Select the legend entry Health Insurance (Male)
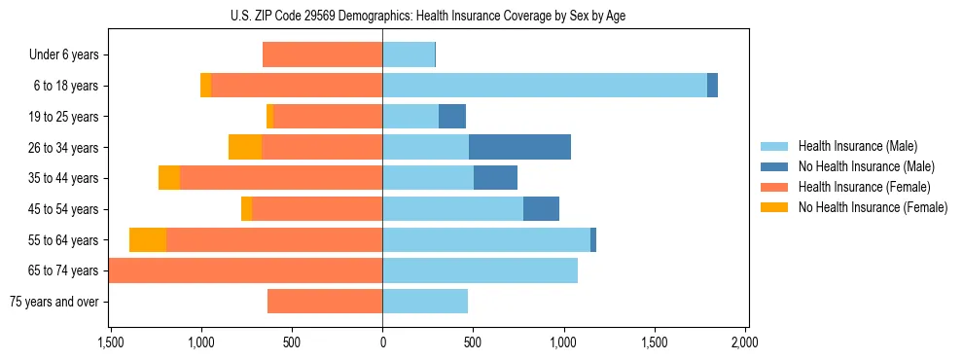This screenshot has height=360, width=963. [857, 146]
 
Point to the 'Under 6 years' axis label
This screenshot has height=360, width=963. [64, 55]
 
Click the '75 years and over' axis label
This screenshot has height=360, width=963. [54, 302]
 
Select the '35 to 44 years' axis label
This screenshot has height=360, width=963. [63, 178]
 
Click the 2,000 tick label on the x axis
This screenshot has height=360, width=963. [745, 342]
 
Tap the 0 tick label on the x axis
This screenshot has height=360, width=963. [382, 342]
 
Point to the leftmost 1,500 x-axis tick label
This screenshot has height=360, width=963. [111, 342]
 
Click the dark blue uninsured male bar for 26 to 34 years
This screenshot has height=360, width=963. [519, 147]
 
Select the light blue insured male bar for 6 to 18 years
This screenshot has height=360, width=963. [545, 86]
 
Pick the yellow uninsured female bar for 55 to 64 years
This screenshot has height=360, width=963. [148, 239]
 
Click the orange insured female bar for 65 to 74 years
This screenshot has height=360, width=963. [245, 270]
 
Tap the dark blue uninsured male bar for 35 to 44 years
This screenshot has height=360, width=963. [495, 178]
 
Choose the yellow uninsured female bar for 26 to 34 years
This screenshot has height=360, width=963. [245, 147]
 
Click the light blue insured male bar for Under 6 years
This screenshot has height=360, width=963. [409, 55]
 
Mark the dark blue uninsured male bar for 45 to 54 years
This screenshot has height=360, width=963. [541, 209]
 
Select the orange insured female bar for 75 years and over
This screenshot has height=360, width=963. [325, 302]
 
